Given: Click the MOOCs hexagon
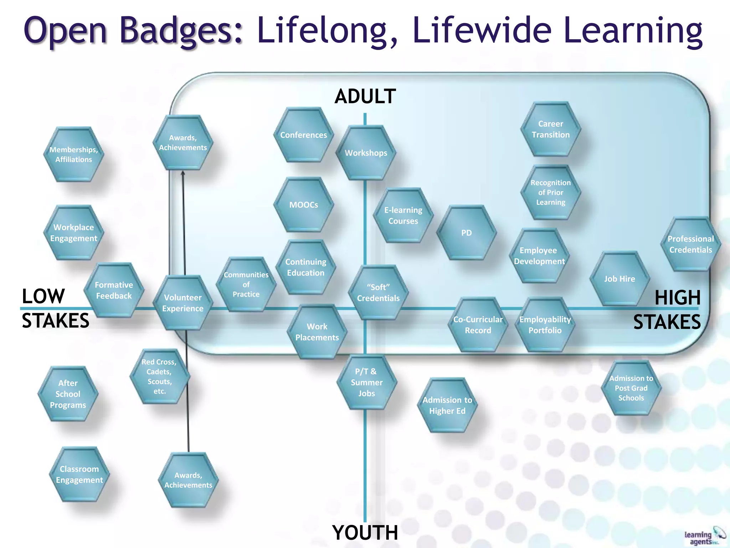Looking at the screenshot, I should (304, 205).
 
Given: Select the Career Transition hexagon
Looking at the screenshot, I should (550, 129).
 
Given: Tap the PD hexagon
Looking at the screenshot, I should (466, 233).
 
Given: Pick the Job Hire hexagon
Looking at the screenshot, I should (620, 279).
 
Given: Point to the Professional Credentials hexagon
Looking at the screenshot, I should (690, 244).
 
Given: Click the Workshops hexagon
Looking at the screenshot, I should (366, 153).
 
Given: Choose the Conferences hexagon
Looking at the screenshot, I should (303, 135).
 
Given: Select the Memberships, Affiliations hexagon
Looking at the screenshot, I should (73, 154).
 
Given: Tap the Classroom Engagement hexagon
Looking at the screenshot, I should (79, 474).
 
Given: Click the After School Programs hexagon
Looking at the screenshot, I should (68, 394).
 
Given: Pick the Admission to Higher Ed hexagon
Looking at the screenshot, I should (447, 405).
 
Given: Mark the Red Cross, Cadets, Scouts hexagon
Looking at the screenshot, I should (159, 376).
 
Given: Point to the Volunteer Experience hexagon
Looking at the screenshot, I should (183, 303).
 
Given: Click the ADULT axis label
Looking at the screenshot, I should (365, 96).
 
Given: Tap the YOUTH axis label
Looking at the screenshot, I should (365, 533).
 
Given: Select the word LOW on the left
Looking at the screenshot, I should (43, 296).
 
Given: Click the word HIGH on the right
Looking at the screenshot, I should (677, 298).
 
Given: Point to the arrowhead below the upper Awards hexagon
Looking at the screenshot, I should (183, 173).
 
